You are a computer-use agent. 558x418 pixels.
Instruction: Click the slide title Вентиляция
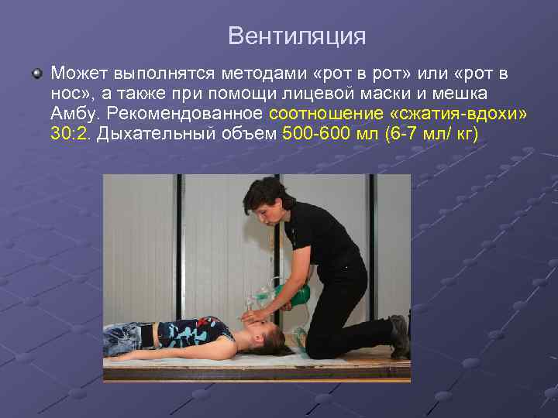[x=297, y=36]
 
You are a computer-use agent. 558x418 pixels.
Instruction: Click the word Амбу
[x=75, y=115]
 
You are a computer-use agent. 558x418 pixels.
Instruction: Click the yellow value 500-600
[x=317, y=135]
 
